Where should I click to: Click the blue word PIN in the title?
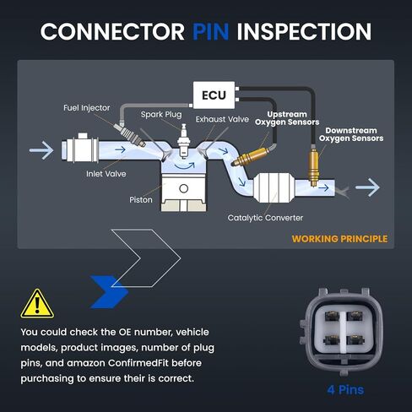coord(211,31)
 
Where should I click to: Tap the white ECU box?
coord(214,95)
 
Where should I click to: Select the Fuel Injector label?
coord(86,108)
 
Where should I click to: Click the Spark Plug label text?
coord(161,115)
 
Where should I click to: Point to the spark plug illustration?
coord(184,141)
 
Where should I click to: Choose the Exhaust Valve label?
coord(222,119)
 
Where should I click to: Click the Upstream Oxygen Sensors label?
coord(287,118)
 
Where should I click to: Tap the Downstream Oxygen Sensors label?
coord(351,134)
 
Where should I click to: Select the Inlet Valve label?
coord(106,174)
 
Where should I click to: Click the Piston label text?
coord(141,200)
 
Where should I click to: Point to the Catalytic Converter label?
coord(265,218)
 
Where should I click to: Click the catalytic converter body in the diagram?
coord(274,187)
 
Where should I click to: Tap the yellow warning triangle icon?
coord(37,304)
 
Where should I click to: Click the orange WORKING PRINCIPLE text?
coord(339,239)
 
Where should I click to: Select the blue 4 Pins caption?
coord(345,390)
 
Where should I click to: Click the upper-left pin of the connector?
coord(332,316)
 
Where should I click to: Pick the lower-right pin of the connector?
coord(355,340)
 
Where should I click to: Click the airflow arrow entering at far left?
coord(41,150)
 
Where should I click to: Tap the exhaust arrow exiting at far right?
coord(367,187)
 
